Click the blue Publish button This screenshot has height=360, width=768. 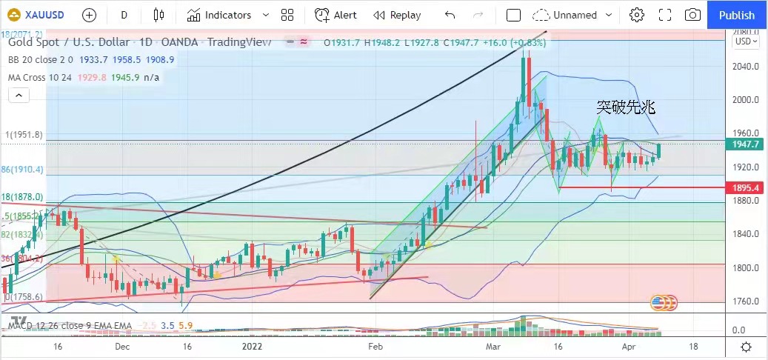(737, 15)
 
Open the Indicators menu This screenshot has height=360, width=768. (219, 15)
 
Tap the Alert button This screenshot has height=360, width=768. (336, 15)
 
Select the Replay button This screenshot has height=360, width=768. (397, 15)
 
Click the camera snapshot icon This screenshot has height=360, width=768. (692, 15)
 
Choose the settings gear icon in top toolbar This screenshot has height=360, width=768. (636, 15)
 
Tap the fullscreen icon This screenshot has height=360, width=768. (664, 15)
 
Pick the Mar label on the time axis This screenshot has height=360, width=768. (493, 346)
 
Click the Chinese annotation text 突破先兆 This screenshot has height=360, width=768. (626, 107)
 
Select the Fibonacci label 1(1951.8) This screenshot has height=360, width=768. (23, 134)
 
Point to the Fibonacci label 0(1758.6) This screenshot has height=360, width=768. (23, 296)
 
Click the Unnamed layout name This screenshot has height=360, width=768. (575, 15)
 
